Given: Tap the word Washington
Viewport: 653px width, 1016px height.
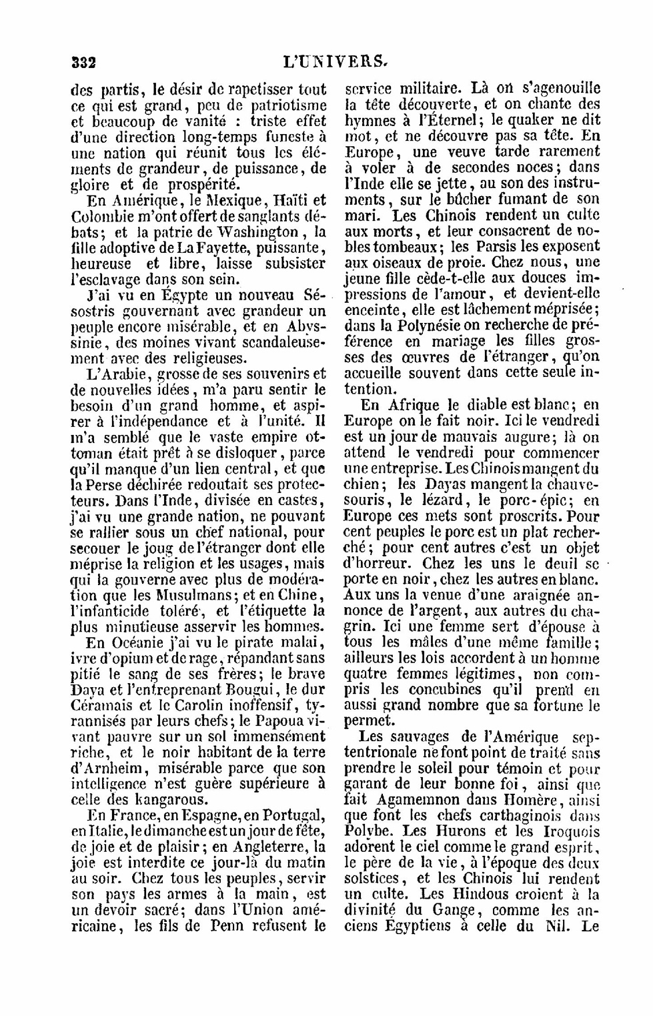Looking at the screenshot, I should tap(257, 232).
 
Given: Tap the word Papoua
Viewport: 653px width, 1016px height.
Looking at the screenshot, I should tap(278, 722).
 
